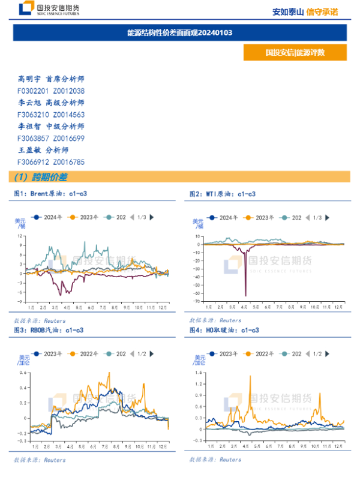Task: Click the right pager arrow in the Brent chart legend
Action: (x=151, y=217)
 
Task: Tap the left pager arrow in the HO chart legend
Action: (x=308, y=354)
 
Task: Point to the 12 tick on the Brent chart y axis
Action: (x=20, y=236)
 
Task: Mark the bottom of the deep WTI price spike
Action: (x=246, y=295)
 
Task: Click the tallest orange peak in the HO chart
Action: (x=250, y=376)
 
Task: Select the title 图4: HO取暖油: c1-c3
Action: (x=224, y=330)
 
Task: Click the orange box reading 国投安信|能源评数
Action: (x=295, y=53)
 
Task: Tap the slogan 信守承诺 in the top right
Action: (x=322, y=11)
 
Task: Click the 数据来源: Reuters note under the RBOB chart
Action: (x=40, y=460)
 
